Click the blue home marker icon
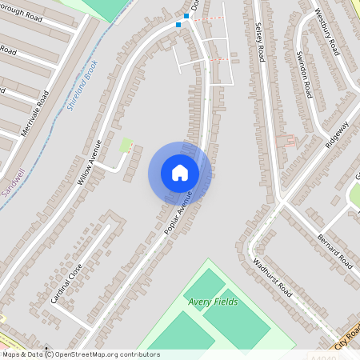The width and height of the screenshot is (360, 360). click(180, 173)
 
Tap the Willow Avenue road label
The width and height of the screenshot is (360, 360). click(90, 162)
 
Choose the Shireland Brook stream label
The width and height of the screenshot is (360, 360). click(83, 84)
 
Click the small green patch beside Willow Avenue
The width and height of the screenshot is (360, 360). click(126, 145)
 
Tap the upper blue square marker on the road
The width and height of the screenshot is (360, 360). click(186, 15)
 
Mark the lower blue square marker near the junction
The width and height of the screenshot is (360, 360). click(178, 24)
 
